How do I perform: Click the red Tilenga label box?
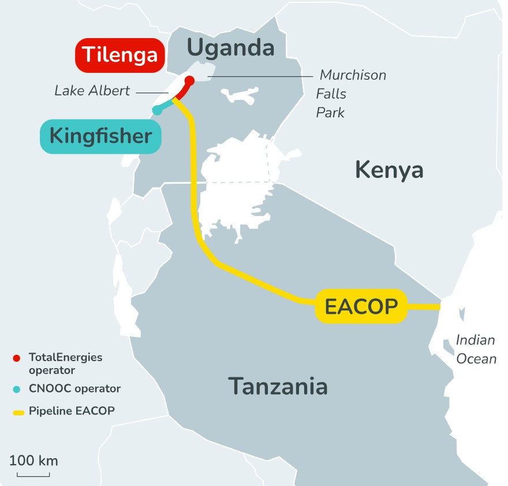tap(120, 55)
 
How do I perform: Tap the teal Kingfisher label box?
tap(100, 136)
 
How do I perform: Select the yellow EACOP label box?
tap(361, 306)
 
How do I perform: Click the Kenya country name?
tap(389, 169)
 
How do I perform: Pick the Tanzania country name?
tap(278, 385)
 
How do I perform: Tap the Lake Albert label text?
tap(92, 91)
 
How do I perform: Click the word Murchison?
tap(353, 75)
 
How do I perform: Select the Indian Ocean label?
tap(476, 349)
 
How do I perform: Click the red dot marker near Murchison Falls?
tap(189, 80)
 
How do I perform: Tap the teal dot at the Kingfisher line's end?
tap(156, 110)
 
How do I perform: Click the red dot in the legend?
tap(17, 358)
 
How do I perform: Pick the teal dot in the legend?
tap(17, 388)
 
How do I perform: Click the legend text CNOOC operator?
tap(74, 388)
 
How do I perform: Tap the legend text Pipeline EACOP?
tap(72, 411)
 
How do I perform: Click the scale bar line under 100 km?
tap(33, 476)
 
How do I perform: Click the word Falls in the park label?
tap(331, 94)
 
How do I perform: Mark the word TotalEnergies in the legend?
tap(65, 358)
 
